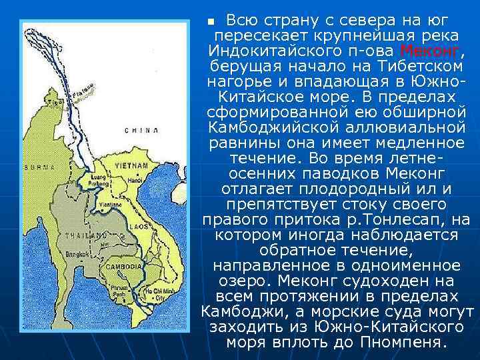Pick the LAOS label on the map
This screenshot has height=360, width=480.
[136, 226]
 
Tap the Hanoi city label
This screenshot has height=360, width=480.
[135, 181]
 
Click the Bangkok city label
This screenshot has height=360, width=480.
[77, 254]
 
